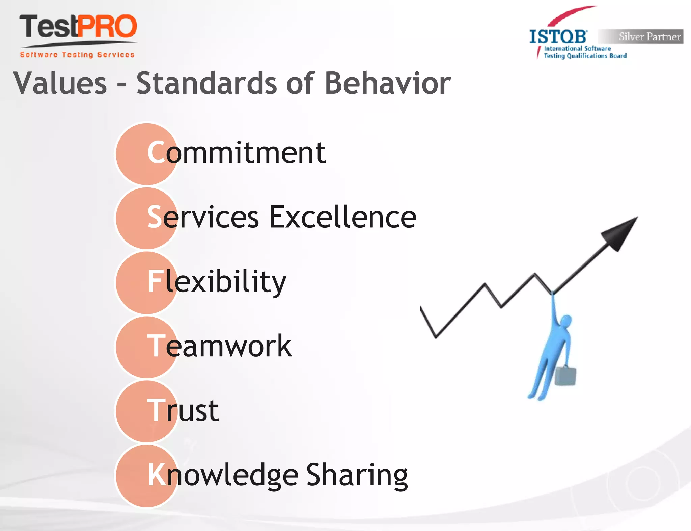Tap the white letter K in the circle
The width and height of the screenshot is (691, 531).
(x=157, y=475)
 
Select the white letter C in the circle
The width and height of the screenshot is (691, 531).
(x=156, y=153)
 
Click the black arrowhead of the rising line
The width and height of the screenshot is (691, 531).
(x=620, y=233)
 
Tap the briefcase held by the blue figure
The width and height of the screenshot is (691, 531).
(x=565, y=376)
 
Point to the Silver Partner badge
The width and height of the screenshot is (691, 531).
(x=641, y=36)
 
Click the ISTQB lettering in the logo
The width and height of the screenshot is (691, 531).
(x=558, y=36)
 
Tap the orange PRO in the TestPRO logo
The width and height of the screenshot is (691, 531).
(x=107, y=26)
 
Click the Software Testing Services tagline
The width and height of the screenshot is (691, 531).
(x=77, y=55)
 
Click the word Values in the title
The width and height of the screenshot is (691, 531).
(x=60, y=83)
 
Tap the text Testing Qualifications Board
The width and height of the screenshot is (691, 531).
(x=585, y=56)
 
